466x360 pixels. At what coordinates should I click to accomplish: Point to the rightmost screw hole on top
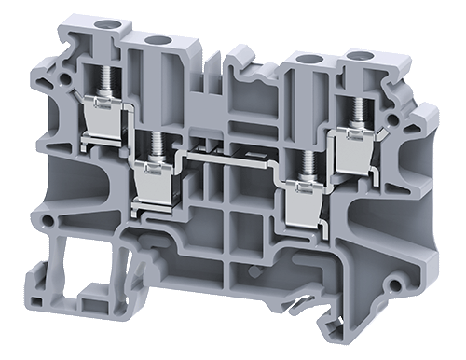tap(358, 58)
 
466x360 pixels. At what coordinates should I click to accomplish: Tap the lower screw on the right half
tap(302, 160)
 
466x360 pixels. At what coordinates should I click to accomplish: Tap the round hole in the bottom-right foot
tap(398, 281)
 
